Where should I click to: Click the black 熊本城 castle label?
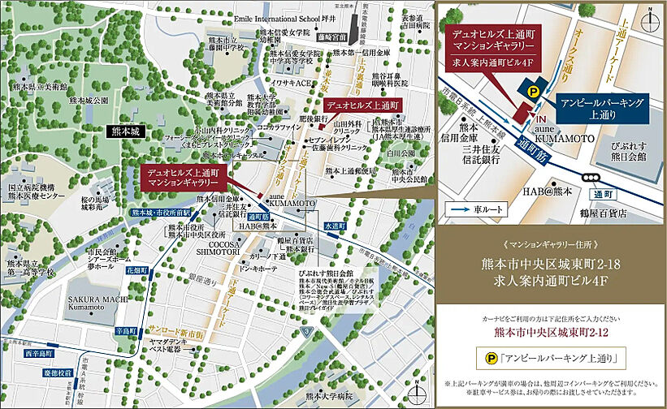125,129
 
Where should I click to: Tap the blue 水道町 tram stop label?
334,225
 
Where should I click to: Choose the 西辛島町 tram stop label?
37,355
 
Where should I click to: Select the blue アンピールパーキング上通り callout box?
602,110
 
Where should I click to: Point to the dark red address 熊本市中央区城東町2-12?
550,332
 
